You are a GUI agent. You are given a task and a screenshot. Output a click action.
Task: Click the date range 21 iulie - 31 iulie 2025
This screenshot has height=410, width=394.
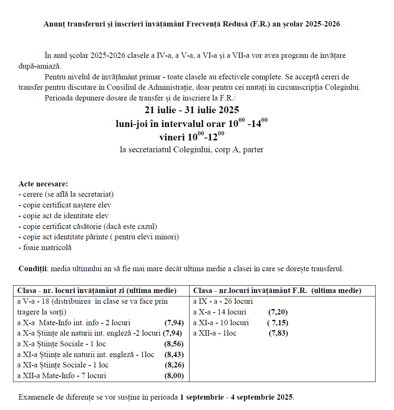[x=192, y=110]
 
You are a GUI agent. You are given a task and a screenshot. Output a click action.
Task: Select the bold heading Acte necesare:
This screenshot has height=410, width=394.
[x=43, y=184]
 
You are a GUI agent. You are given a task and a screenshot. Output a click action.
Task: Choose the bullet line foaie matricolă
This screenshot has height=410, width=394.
[x=45, y=248]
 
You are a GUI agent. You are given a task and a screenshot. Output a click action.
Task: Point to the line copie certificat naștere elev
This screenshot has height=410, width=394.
[x=65, y=205]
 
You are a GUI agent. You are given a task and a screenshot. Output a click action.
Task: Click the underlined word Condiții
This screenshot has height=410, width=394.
[x=32, y=268]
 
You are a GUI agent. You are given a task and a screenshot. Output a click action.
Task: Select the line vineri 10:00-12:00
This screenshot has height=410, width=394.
[x=192, y=136]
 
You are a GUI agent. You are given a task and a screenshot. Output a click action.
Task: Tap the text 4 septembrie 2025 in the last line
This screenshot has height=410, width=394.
[x=262, y=397]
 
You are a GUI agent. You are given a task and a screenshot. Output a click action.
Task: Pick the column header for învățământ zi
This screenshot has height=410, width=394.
[x=97, y=291]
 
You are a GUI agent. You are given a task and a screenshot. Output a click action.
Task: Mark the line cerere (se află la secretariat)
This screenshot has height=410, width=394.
[x=66, y=194]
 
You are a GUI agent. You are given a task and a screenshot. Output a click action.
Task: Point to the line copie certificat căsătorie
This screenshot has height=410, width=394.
[x=88, y=226]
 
